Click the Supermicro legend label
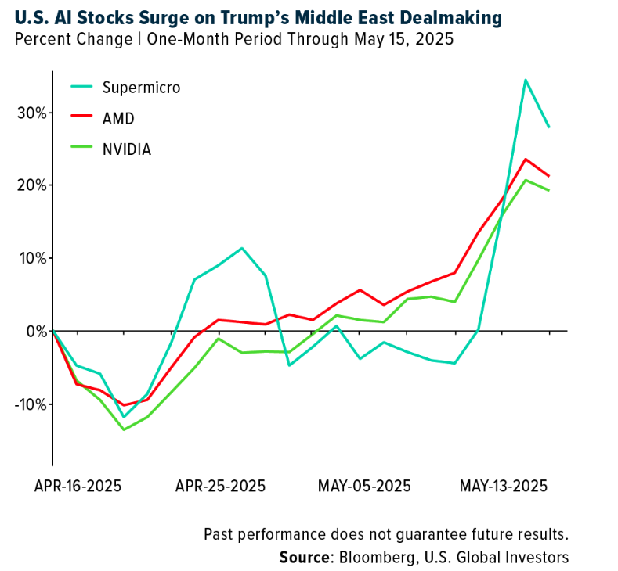142,87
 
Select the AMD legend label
118,118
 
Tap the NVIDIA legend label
127,149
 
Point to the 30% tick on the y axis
32,113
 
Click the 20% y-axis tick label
32,185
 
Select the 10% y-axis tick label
32,258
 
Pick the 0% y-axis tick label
36,331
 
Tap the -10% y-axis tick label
30,404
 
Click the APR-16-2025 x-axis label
78,485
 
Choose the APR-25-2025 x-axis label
221,485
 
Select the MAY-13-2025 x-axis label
502,485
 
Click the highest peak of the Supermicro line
525,80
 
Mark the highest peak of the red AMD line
526,159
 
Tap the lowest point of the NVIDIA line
123,429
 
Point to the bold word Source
305,557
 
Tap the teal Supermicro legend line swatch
82,87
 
